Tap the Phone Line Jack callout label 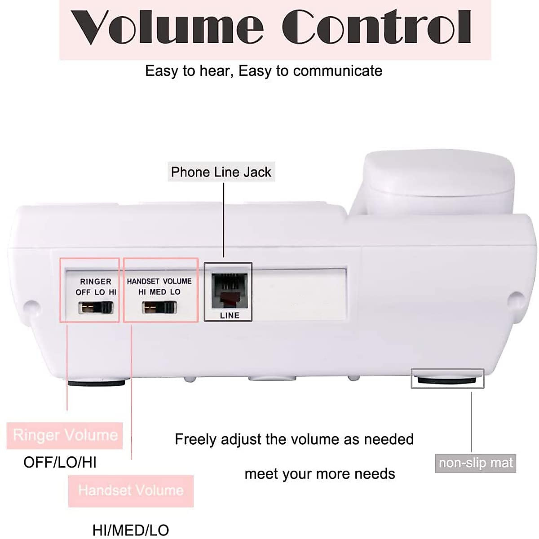click(x=221, y=172)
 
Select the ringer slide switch click(x=96, y=308)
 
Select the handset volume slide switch click(x=159, y=308)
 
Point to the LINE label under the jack click(x=230, y=315)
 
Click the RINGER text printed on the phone click(x=96, y=282)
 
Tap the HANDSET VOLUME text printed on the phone click(x=159, y=281)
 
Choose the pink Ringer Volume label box click(x=65, y=435)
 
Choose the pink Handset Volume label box click(x=131, y=490)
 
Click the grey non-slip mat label click(x=475, y=463)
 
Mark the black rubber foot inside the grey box click(x=447, y=380)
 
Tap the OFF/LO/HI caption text click(x=60, y=462)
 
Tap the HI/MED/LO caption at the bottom click(x=130, y=530)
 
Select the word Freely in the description click(x=195, y=439)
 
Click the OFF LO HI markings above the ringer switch click(x=96, y=292)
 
